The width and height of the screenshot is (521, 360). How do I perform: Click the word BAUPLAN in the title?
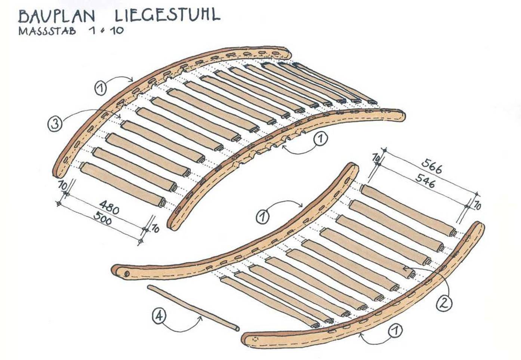pyautogui.click(x=56, y=16)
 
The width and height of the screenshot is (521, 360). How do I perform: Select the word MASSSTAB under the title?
pyautogui.click(x=47, y=31)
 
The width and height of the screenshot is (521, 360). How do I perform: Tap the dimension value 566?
pyautogui.click(x=431, y=166)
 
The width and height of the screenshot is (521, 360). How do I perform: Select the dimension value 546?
pyautogui.click(x=425, y=181)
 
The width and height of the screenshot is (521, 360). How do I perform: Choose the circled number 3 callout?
pyautogui.click(x=55, y=124)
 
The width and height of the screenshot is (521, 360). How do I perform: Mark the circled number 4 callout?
pyautogui.click(x=159, y=316)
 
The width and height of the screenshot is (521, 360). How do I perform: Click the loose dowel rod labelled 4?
pyautogui.click(x=193, y=308)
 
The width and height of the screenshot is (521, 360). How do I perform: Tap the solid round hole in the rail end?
pyautogui.click(x=126, y=274)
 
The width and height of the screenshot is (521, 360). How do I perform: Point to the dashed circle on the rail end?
pyautogui.click(x=256, y=339)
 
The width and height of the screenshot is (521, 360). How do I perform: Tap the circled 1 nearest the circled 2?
pyautogui.click(x=395, y=331)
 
